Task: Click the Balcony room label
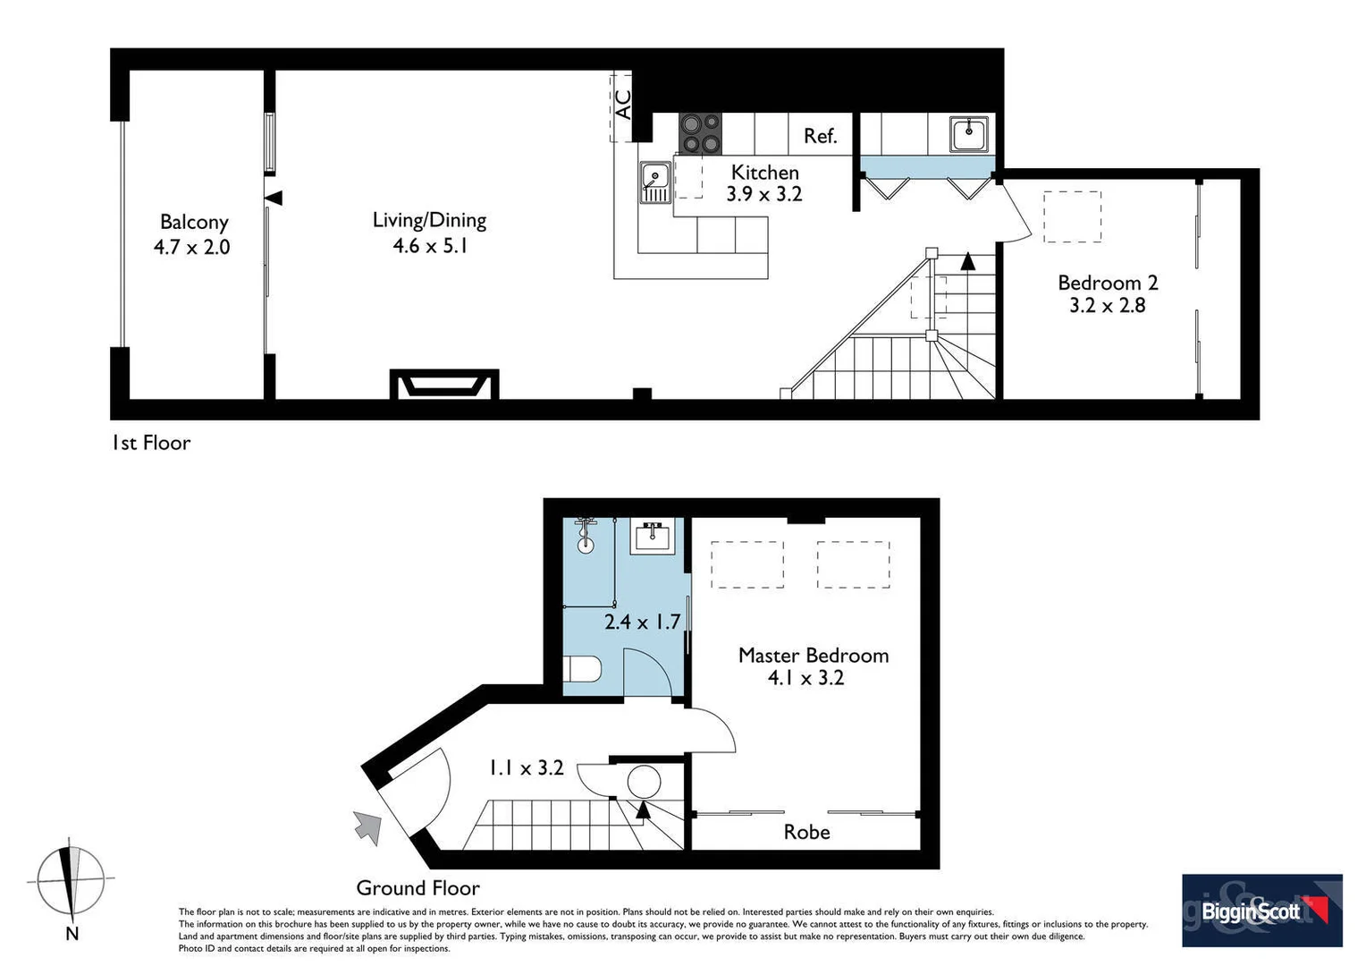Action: (194, 222)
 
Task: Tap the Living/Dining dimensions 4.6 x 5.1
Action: (430, 246)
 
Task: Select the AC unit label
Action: (623, 104)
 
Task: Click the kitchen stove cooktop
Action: (700, 133)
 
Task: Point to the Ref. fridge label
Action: (820, 136)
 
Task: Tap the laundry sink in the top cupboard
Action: (969, 133)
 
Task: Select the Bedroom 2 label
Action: (1108, 283)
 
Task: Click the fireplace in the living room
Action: (444, 385)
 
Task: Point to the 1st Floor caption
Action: (151, 443)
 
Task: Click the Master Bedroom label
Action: (813, 655)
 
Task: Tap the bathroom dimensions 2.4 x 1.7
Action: (642, 622)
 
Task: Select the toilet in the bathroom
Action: (585, 669)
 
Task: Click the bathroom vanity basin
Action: (653, 537)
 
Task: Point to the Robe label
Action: (806, 832)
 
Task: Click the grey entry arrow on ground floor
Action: (367, 826)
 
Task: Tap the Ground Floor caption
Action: (417, 888)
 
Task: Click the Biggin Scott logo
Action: (1261, 911)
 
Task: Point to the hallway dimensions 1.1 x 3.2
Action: (526, 767)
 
